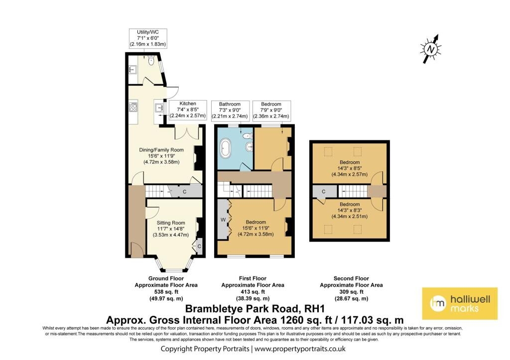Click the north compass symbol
[431, 49]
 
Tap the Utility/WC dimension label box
[148, 38]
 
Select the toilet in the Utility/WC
[150, 60]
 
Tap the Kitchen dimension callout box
[188, 110]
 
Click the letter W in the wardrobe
[223, 220]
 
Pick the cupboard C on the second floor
[324, 192]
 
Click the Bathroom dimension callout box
[230, 111]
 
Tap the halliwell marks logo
[460, 303]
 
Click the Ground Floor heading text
[166, 278]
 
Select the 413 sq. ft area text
[253, 292]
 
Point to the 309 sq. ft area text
[351, 292]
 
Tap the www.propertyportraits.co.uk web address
[300, 349]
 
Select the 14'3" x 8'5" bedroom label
[350, 168]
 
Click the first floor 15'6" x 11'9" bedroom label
[255, 228]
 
